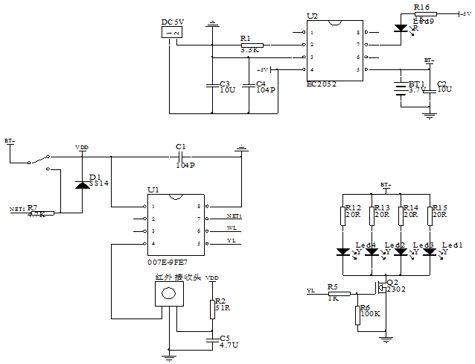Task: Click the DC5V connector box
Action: click(172, 34)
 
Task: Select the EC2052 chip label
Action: click(322, 84)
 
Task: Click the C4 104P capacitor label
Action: click(265, 87)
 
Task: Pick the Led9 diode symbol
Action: click(401, 29)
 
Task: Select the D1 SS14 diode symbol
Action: click(80, 182)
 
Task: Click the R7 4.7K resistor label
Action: click(36, 211)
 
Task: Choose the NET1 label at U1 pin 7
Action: click(235, 216)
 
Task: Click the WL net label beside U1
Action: click(232, 228)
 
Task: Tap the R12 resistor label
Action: click(352, 211)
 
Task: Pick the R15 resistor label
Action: click(439, 211)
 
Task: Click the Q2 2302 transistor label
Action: click(395, 286)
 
